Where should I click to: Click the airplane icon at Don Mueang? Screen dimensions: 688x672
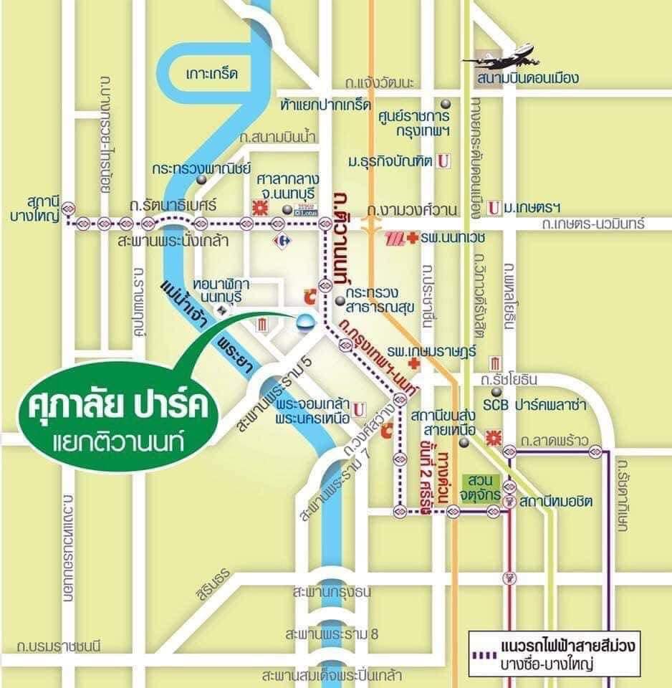[504, 58]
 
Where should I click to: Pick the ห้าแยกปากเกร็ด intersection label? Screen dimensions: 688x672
[326, 105]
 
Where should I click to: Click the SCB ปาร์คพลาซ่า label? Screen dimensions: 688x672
[539, 406]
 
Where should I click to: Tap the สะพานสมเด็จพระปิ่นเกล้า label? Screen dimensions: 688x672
[332, 675]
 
